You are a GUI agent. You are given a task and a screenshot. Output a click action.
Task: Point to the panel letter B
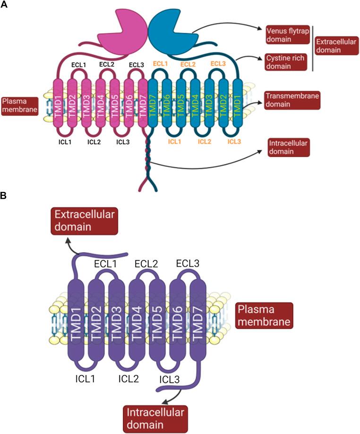click(x=4, y=194)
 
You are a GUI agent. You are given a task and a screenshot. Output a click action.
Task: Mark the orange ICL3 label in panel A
click(x=235, y=141)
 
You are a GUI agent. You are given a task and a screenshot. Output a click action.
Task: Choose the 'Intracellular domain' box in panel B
click(x=155, y=418)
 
